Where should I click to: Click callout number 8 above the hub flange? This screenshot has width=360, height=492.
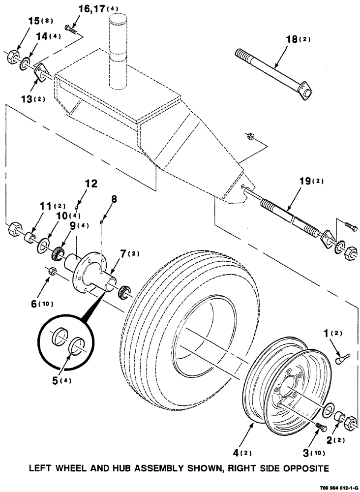tap(114, 199)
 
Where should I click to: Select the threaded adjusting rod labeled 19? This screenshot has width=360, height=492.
tap(290, 215)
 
